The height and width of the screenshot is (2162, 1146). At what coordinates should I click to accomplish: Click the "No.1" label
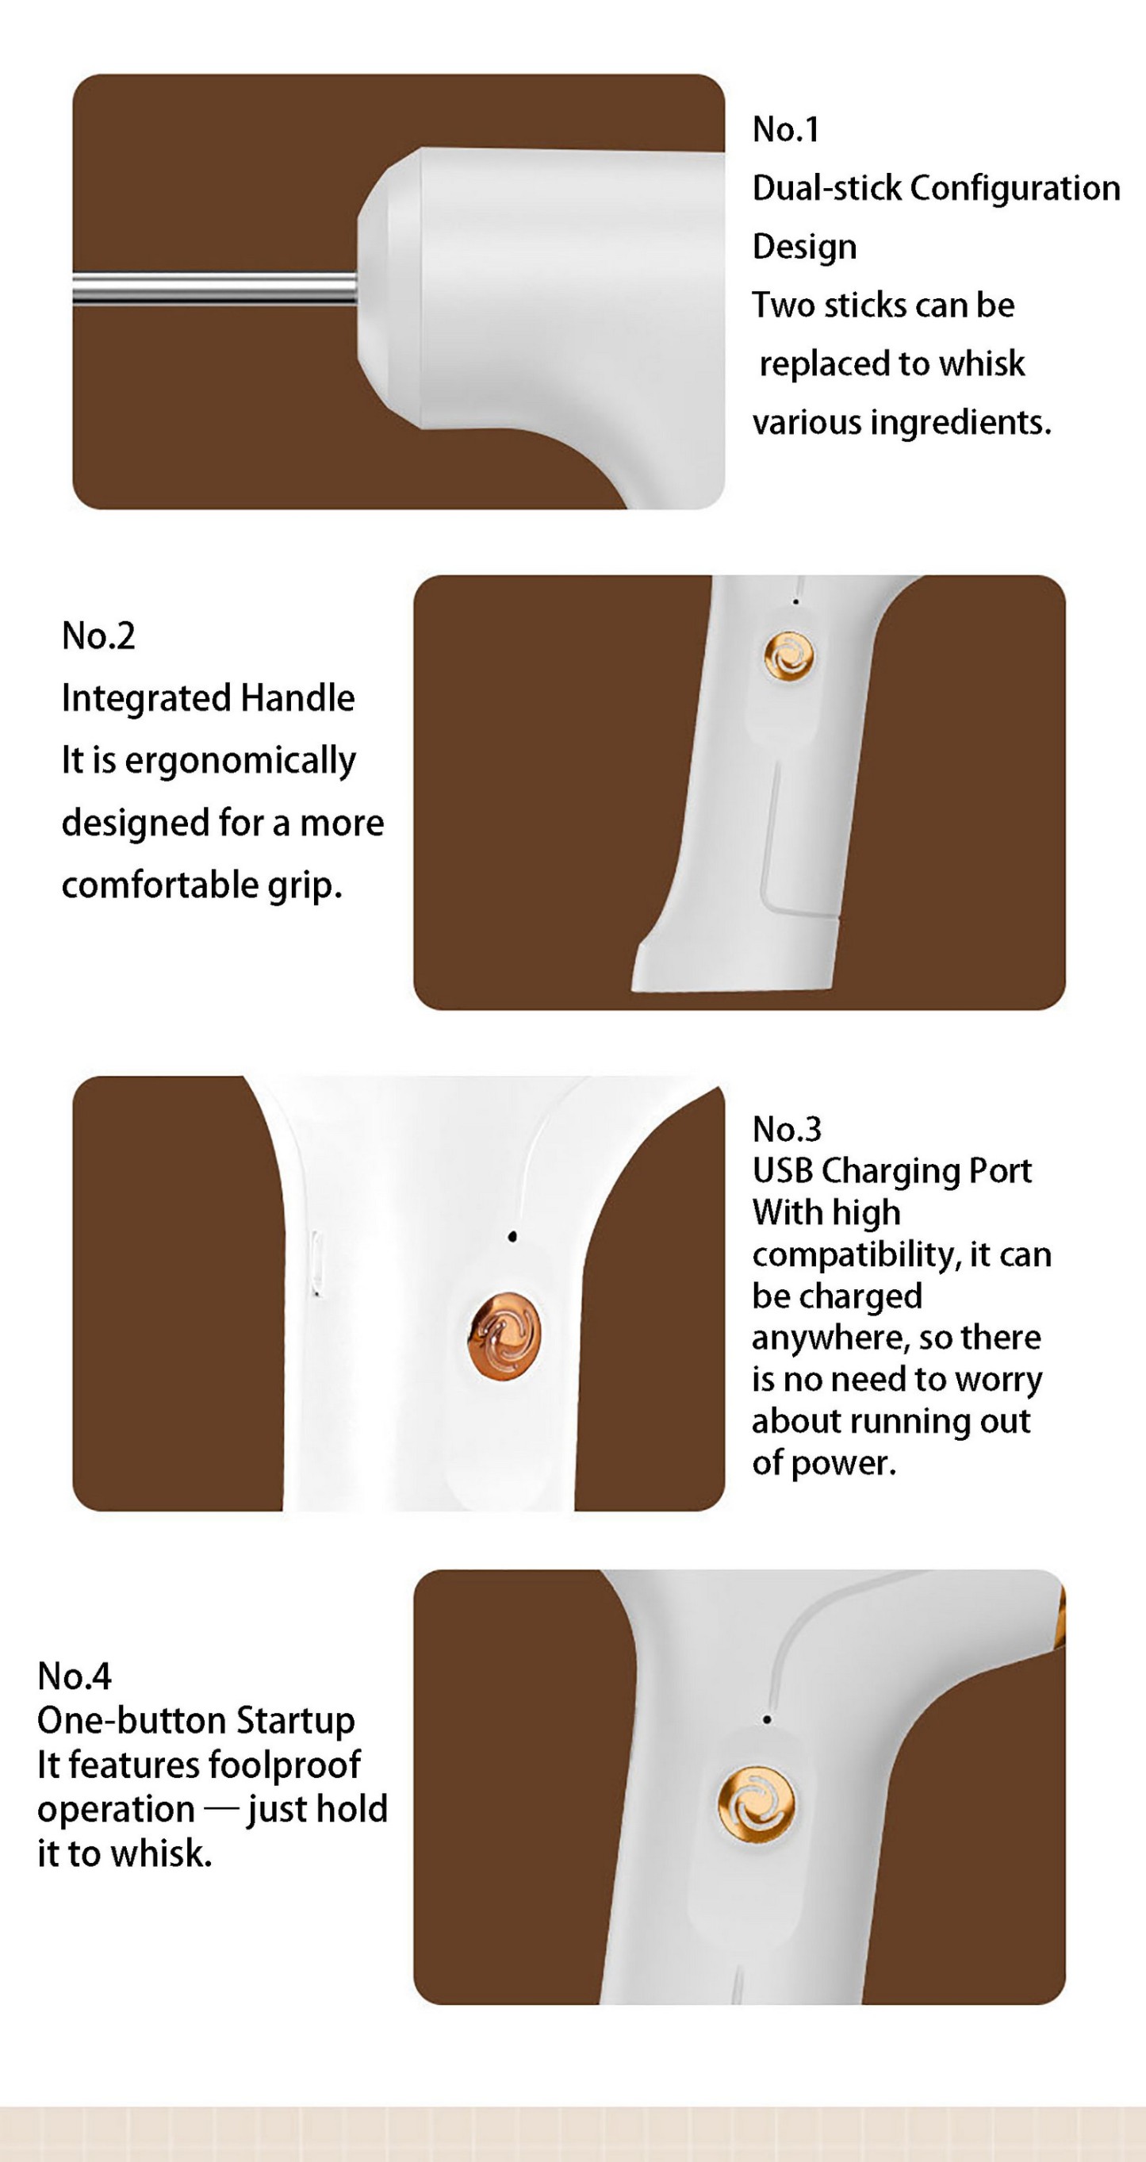point(785,129)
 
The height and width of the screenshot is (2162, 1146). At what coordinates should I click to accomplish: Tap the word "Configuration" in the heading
point(1014,188)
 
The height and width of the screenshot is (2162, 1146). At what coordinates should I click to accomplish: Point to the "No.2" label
point(98,636)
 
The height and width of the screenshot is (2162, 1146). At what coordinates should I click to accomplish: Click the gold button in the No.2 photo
point(788,656)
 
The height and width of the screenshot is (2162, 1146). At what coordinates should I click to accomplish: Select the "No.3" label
point(786,1130)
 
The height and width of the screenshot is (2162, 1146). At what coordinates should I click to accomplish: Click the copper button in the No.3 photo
point(504,1335)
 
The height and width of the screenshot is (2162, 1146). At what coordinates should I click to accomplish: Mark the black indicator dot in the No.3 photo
point(512,1236)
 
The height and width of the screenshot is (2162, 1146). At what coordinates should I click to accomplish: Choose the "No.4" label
point(74,1677)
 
